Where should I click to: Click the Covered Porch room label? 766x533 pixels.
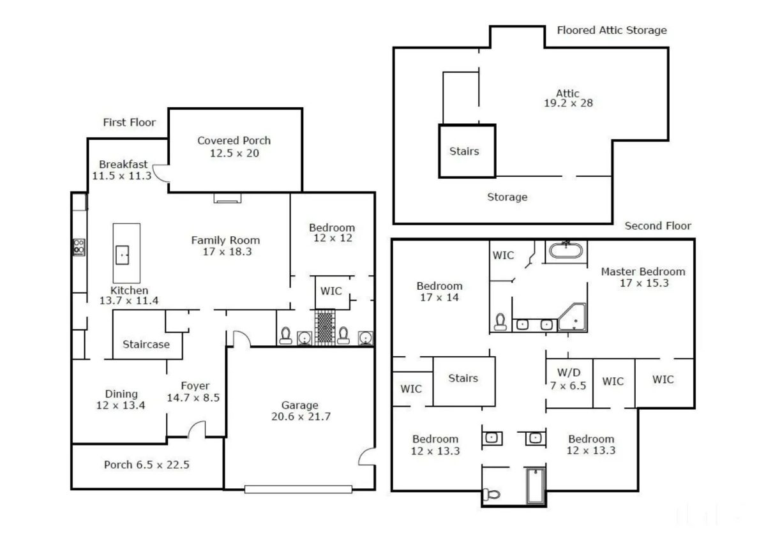click(x=234, y=140)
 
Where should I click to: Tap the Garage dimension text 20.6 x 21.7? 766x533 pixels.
click(x=299, y=417)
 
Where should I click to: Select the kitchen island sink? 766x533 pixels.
click(x=123, y=255)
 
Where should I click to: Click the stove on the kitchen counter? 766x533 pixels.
click(x=79, y=247)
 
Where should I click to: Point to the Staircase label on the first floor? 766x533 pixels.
click(x=146, y=345)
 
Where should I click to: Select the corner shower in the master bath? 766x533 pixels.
click(x=574, y=318)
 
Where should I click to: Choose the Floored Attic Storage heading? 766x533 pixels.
click(x=612, y=30)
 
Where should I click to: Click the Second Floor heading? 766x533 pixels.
click(x=657, y=225)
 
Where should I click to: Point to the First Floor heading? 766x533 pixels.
click(x=129, y=123)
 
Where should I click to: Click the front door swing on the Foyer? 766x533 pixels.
click(x=197, y=431)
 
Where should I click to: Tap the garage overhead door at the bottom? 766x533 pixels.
click(x=298, y=490)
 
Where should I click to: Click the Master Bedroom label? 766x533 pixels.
click(x=643, y=272)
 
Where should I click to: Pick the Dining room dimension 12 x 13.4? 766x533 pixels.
click(x=121, y=405)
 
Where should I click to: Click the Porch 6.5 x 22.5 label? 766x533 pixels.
click(x=146, y=465)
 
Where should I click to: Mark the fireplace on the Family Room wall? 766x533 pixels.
click(x=228, y=199)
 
